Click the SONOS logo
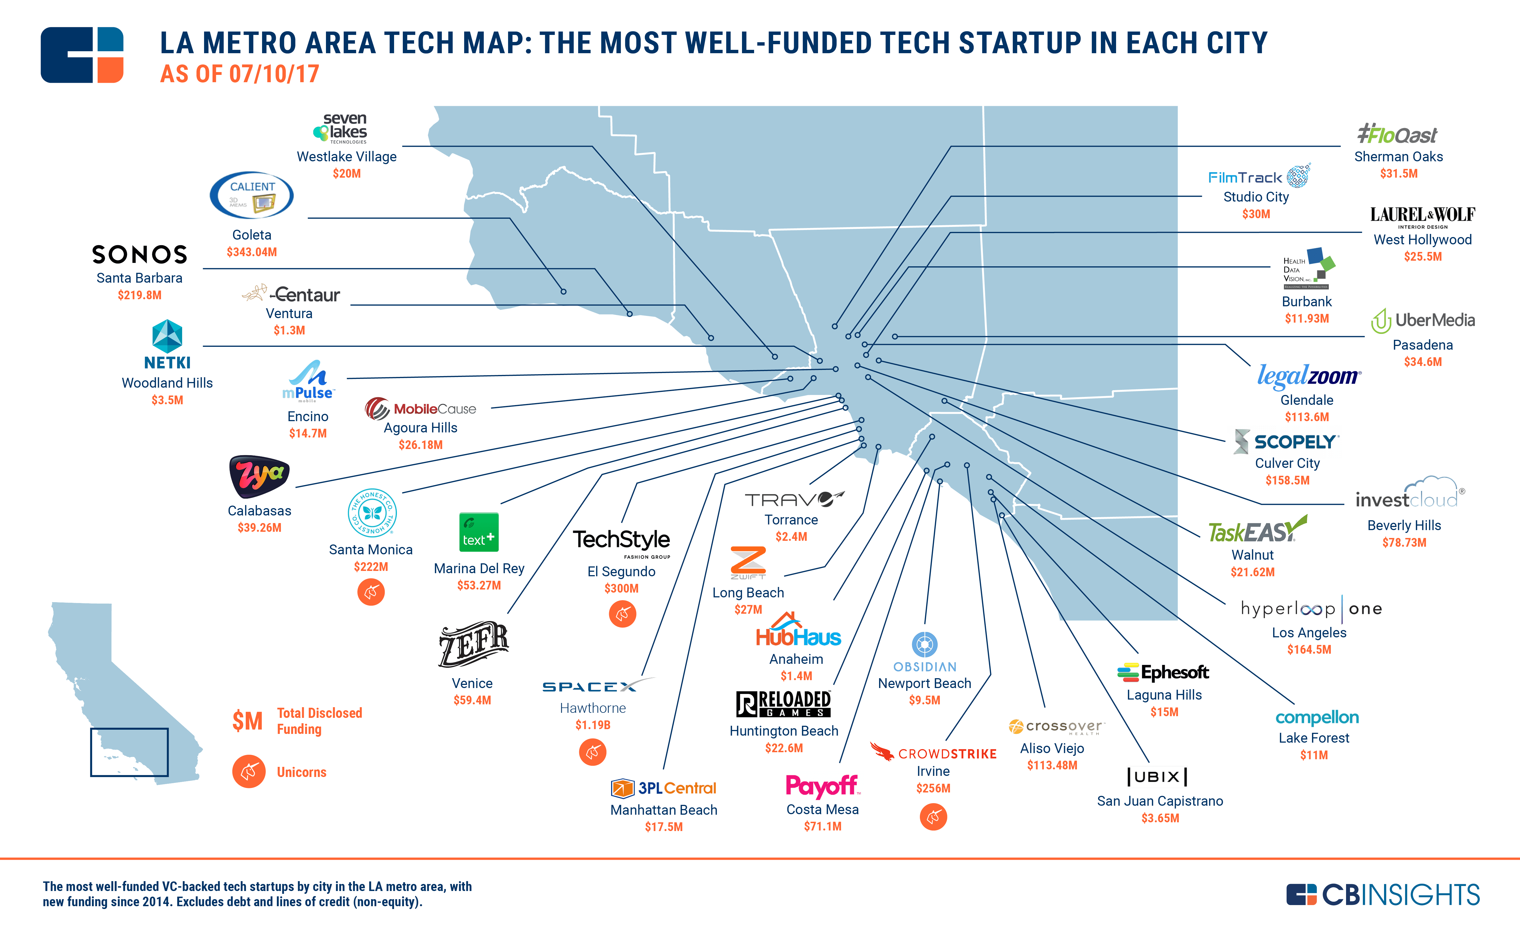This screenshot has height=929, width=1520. (139, 254)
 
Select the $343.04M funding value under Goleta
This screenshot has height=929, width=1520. (252, 252)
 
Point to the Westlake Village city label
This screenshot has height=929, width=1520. (347, 157)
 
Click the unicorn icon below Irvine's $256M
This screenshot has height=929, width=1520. (933, 817)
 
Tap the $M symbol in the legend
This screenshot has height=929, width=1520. (247, 720)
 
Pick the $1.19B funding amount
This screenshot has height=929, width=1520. (593, 725)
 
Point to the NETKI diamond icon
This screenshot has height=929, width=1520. (167, 336)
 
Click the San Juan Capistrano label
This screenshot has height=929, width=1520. (1160, 801)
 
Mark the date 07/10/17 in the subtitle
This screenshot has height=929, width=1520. (274, 74)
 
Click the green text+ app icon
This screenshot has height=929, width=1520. (479, 532)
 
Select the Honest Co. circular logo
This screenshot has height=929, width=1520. (372, 513)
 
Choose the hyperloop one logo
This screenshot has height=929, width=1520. (1311, 609)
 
